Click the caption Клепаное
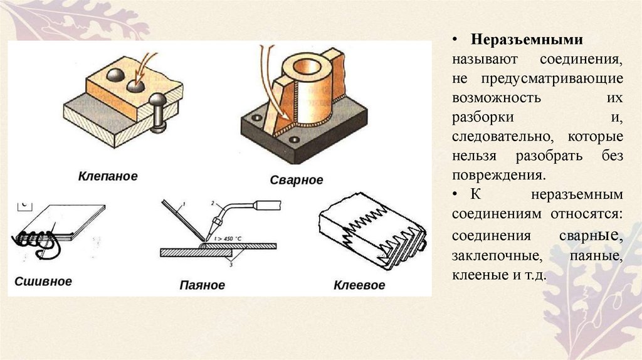(108, 176)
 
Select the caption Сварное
(297, 180)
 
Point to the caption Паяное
(202, 285)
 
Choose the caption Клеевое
(359, 285)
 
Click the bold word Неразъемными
(527, 40)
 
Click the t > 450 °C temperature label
(228, 238)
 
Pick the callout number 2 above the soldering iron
(213, 203)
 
